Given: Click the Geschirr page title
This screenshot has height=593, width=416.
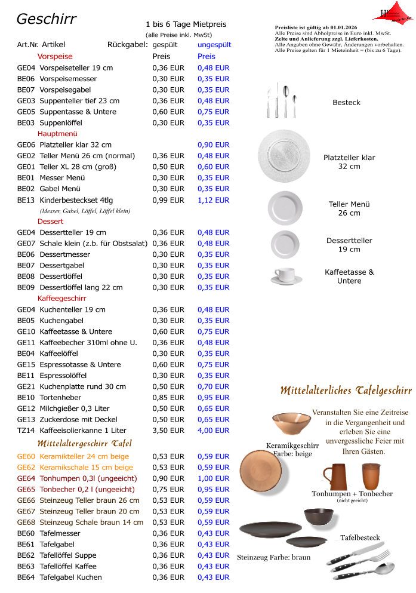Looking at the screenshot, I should (47, 19).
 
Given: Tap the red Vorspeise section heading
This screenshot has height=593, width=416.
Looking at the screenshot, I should (55, 57).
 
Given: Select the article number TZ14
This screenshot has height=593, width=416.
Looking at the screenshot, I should (26, 431).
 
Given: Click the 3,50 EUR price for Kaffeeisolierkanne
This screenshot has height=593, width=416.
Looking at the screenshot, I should (168, 431).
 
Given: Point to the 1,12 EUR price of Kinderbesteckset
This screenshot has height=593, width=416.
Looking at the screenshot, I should (213, 201).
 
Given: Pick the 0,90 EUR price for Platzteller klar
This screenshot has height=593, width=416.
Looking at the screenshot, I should (213, 145).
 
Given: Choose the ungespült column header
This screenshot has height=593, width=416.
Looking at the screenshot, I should (214, 45).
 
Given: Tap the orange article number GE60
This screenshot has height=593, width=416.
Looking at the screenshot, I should (26, 457).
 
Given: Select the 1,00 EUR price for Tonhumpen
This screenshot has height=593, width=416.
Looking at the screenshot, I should (213, 479).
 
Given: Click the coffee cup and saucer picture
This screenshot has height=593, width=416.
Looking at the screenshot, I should (285, 275).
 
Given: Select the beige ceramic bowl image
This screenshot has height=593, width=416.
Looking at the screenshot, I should (291, 423).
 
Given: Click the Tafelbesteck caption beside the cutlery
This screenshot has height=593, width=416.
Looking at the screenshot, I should (360, 538).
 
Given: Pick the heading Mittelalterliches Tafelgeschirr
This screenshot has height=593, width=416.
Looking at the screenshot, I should (346, 391).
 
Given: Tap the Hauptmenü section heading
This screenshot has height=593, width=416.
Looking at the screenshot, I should (57, 134).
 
